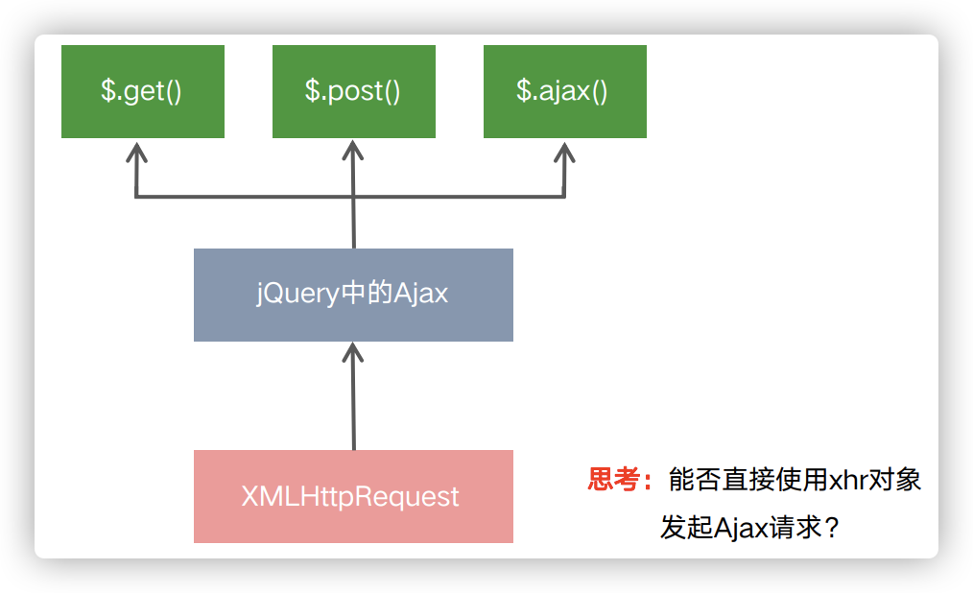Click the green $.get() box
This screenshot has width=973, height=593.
coord(143,91)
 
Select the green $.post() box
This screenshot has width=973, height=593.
coord(354,91)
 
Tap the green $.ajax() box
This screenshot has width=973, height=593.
coord(564,91)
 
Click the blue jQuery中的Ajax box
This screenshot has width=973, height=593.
coord(353,295)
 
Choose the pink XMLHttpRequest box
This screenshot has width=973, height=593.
coord(353,496)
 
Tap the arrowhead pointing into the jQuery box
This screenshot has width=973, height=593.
coord(352,352)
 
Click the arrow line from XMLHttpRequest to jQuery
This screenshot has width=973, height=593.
coord(353,396)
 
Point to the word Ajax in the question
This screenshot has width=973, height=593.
coord(740,529)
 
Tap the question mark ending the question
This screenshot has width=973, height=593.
coord(832,528)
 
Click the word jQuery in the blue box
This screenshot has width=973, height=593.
coord(297,294)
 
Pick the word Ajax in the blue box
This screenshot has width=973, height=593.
coord(420,294)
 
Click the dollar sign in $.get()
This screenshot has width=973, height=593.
coord(108,90)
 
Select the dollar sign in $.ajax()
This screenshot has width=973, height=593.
coord(524,90)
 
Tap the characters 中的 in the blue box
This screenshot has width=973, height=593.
coord(367,292)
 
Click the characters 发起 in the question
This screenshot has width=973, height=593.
coord(686,528)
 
